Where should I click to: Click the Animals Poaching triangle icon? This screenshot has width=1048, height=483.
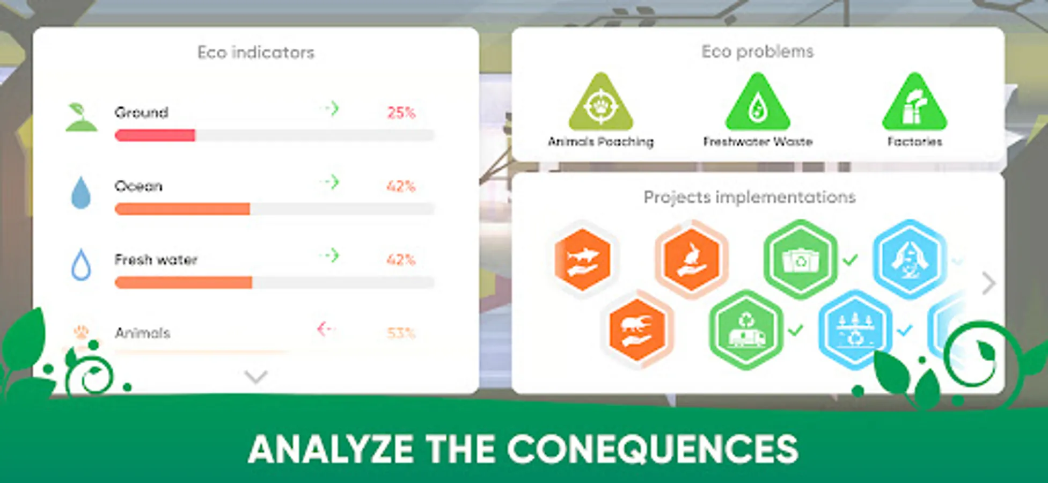tap(601, 103)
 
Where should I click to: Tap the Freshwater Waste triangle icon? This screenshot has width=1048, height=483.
tap(758, 103)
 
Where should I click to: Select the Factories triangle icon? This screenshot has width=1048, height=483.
tap(915, 103)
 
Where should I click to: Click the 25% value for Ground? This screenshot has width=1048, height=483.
tap(401, 113)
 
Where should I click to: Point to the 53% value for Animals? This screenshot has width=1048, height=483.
tap(401, 333)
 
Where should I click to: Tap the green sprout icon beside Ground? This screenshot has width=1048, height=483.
tap(81, 117)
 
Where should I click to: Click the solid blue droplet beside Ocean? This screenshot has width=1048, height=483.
tap(81, 192)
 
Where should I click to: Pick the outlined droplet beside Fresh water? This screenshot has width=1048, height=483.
tap(81, 265)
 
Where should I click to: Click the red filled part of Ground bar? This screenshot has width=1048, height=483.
tap(155, 135)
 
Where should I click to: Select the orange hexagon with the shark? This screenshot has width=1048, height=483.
tap(583, 259)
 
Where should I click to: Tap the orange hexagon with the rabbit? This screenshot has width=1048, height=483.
tap(691, 259)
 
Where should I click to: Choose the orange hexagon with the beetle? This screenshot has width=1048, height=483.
tap(637, 329)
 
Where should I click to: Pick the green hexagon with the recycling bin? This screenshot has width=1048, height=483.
tap(800, 259)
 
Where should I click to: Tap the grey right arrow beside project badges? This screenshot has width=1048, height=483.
tap(989, 283)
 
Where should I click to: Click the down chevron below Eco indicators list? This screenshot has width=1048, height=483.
tap(256, 377)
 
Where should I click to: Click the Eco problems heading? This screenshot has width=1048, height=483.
tap(758, 52)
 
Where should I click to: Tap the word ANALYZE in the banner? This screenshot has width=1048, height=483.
tap(331, 449)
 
